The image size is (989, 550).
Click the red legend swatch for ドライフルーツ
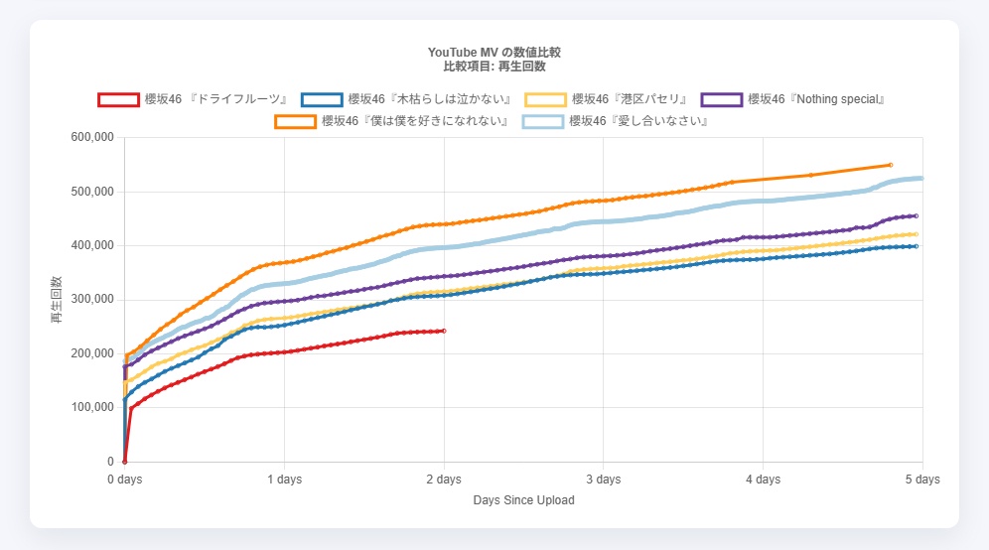[x=119, y=99]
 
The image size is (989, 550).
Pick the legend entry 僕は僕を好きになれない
[x=415, y=121]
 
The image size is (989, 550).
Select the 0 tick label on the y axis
[x=110, y=462]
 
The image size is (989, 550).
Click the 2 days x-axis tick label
[x=444, y=480]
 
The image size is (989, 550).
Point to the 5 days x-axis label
[x=921, y=480]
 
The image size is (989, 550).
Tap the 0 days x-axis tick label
[x=125, y=480]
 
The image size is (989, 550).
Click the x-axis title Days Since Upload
[x=523, y=500]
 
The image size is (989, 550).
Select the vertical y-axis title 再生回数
[x=56, y=299]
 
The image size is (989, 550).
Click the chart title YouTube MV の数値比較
[x=495, y=52]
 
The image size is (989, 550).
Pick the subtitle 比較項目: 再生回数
[x=495, y=66]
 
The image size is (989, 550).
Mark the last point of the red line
[x=444, y=331]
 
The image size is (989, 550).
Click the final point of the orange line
[x=891, y=165]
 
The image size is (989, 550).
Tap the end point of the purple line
[x=916, y=215]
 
